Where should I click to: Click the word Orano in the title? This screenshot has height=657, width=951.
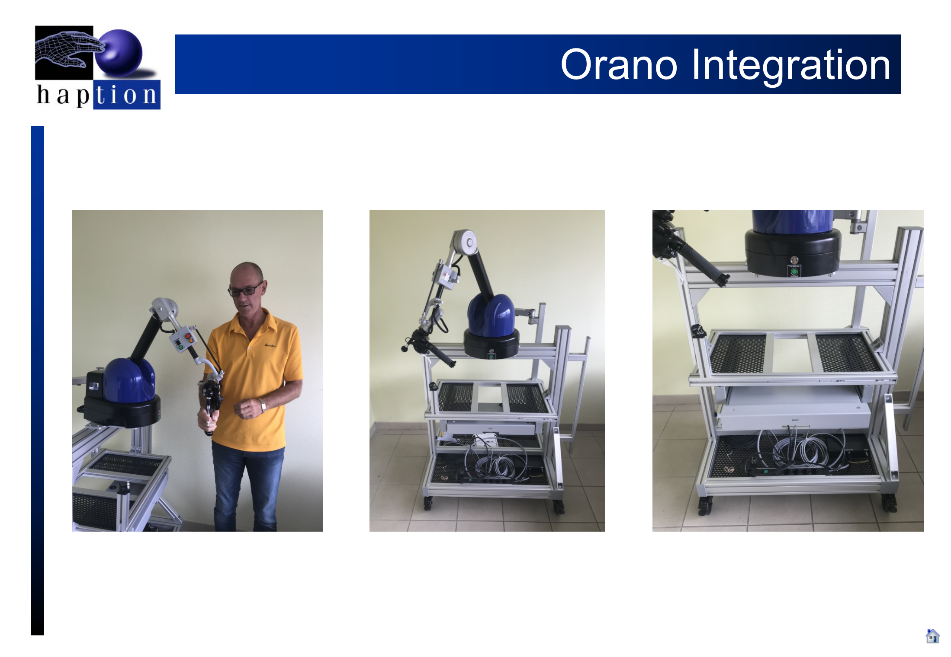tap(619, 65)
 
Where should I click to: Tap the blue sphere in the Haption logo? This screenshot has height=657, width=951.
tap(119, 53)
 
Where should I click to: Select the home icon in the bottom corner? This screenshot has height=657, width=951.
tap(932, 636)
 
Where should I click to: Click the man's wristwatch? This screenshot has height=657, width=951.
tap(262, 405)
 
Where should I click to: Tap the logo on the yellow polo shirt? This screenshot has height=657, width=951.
tap(270, 345)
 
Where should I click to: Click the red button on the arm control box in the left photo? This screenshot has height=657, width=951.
tap(188, 336)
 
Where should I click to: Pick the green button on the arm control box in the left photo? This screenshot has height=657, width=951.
tap(180, 347)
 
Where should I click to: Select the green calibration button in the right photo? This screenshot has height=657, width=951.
tap(794, 271)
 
